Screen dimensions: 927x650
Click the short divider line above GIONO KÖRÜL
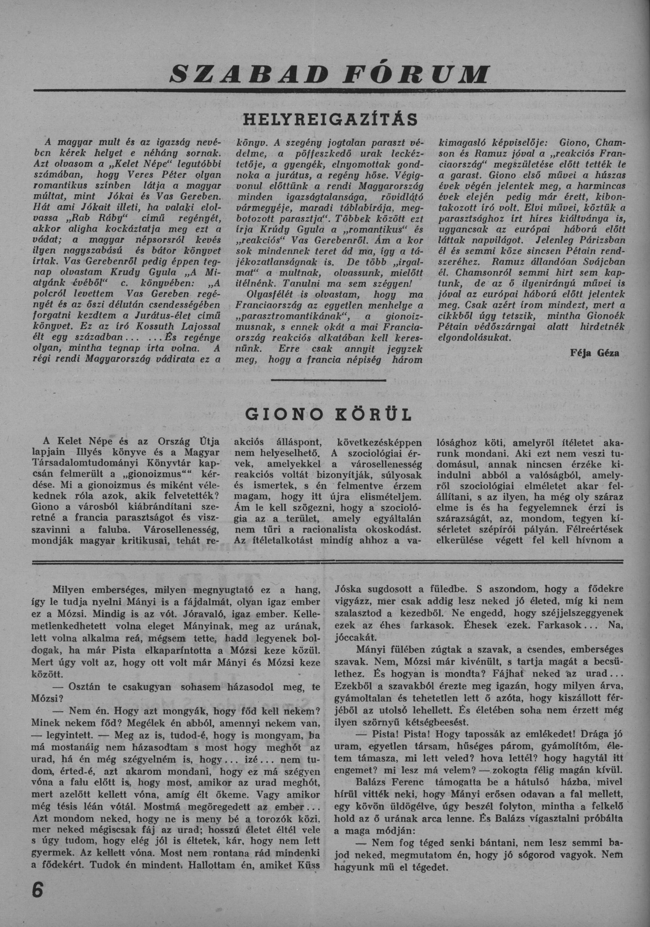tap(329, 380)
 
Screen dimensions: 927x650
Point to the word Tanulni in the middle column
tap(297, 282)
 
